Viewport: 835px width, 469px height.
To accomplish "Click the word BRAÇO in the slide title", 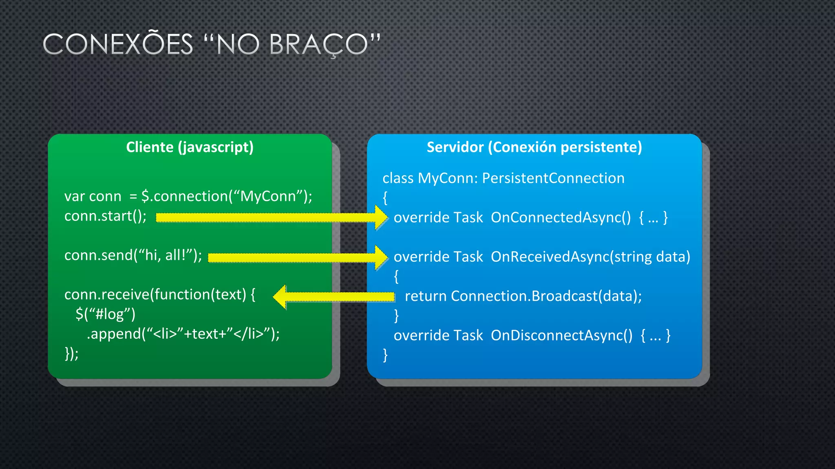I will pos(318,44).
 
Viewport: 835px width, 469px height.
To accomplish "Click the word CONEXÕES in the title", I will pos(118,44).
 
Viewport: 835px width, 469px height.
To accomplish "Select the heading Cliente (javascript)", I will pos(190,147).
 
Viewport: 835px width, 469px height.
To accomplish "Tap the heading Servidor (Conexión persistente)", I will pos(534,147).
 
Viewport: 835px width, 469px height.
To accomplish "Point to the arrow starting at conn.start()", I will pos(269,217).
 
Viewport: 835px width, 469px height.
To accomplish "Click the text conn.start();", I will pos(105,216).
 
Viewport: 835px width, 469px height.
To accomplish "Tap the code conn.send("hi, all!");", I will pos(133,255).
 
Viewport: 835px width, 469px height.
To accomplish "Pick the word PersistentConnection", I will pos(553,178).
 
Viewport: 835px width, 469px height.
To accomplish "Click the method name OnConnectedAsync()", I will pos(561,217).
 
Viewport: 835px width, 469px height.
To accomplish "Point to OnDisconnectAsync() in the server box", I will pos(561,335).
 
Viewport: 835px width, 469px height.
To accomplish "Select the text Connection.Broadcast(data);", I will pos(546,296).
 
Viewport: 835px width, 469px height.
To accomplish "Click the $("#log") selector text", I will pos(105,314).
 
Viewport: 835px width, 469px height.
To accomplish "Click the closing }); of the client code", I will pos(71,353).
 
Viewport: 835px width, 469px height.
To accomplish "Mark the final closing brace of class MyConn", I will pos(385,355).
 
